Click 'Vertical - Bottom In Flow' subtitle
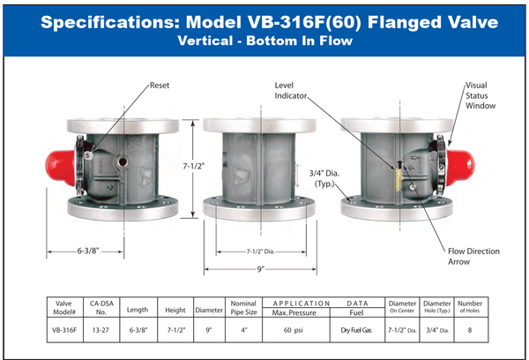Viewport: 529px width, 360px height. point(264,41)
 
